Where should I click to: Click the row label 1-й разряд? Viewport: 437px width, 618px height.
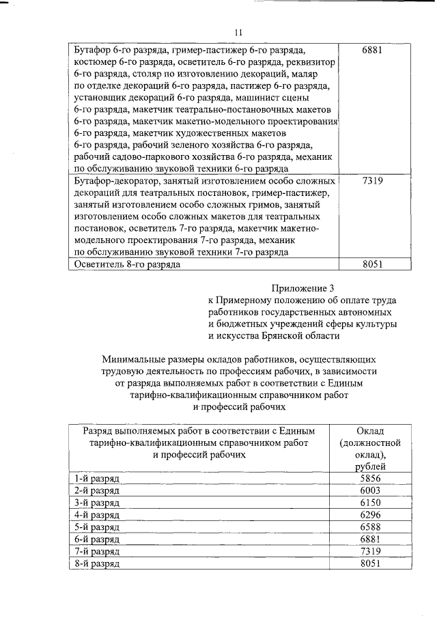coord(98,479)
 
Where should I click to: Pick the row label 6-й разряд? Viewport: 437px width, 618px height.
coord(98,539)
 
